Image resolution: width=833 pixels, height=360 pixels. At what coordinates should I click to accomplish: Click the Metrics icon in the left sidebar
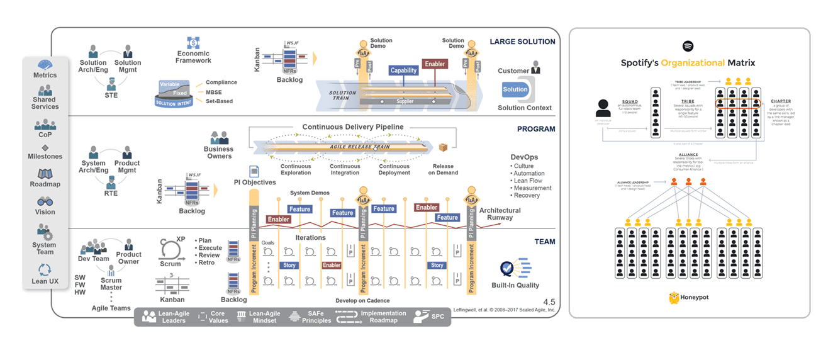coord(45,65)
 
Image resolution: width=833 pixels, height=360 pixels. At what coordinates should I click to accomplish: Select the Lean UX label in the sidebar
coord(45,281)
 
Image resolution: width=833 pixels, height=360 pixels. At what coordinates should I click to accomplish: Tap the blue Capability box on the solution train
coord(403,70)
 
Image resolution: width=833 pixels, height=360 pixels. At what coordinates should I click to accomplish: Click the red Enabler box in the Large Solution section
coord(435,64)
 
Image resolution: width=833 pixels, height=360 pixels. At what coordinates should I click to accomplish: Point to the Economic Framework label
coord(193,57)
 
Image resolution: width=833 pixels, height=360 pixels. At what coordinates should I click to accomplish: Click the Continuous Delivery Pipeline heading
coord(353,127)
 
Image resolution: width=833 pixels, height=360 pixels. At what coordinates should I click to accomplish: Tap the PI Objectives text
coord(254,183)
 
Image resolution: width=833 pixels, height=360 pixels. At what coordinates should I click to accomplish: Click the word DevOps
coord(525,157)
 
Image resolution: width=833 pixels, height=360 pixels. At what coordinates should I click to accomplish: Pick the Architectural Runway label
coord(500,214)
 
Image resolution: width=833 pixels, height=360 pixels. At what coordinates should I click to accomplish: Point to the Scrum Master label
coord(111,284)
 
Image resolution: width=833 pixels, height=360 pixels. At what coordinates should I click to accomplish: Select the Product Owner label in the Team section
coord(129,258)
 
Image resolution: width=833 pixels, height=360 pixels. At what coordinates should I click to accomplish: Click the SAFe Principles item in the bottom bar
coord(316,317)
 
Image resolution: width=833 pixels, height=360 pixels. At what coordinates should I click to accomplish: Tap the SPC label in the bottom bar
coord(438,317)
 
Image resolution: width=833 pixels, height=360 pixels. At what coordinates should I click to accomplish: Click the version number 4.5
coord(549,302)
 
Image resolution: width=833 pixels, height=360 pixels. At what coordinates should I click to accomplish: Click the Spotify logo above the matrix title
coord(688,46)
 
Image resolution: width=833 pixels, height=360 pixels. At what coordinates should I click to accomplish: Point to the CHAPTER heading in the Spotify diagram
coord(781,101)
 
